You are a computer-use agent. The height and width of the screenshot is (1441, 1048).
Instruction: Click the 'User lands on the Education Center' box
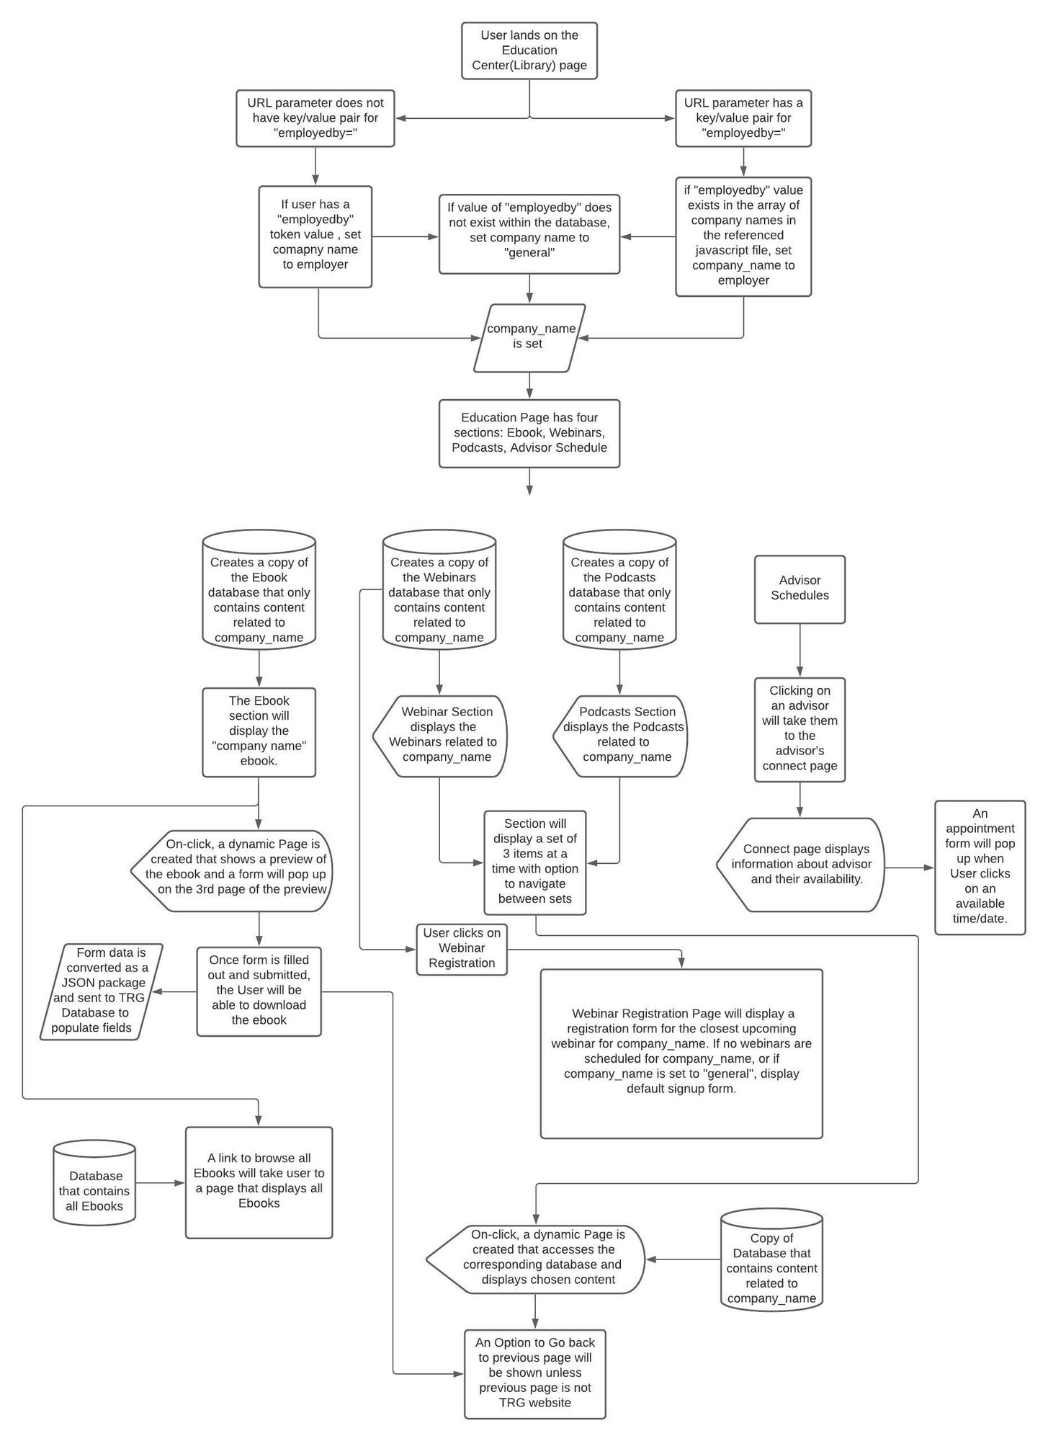point(529,50)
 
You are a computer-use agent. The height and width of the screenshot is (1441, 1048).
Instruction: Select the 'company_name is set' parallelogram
point(529,338)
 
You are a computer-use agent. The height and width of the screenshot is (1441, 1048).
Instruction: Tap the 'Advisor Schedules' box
point(800,589)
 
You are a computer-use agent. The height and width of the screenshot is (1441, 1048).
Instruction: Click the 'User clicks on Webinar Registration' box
point(462,949)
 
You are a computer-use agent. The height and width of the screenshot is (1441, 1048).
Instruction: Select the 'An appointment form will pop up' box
point(980,867)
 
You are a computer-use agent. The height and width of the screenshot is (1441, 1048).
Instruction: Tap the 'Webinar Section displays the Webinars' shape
point(440,736)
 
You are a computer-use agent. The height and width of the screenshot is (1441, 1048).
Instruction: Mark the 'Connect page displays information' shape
point(800,865)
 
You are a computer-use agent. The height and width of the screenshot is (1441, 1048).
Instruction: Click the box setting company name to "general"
point(529,234)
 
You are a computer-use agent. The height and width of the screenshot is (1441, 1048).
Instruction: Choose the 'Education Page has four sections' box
point(529,434)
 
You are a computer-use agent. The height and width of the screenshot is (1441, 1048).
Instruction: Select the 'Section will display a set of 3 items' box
point(535,862)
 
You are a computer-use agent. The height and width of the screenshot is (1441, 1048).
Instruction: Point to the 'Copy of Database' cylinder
point(771,1266)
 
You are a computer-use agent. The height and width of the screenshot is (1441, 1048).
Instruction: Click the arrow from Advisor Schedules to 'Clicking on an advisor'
point(800,651)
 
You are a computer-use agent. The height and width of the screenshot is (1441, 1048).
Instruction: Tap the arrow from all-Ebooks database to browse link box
point(161,1182)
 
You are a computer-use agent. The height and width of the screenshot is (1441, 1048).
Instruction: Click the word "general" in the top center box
point(529,253)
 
